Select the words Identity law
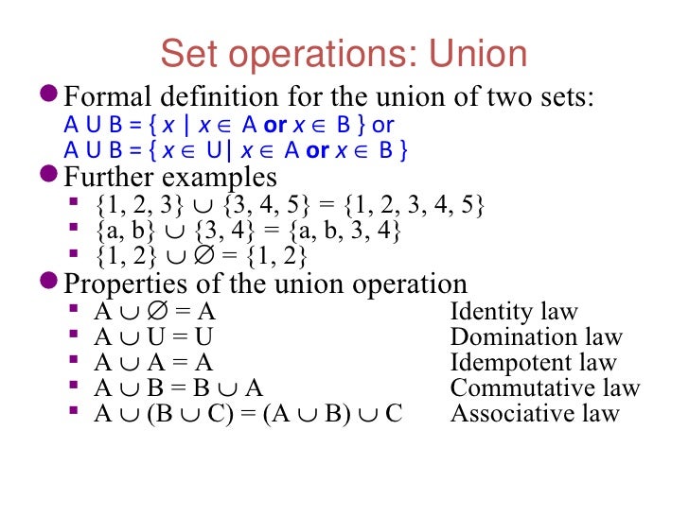(x=514, y=313)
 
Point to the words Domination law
(x=537, y=337)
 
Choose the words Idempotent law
(x=533, y=363)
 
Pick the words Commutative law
(x=545, y=388)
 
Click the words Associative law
(x=535, y=413)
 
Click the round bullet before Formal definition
(x=51, y=96)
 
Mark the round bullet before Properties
(x=51, y=284)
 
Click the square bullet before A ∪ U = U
(x=75, y=336)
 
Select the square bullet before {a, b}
(x=75, y=230)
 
